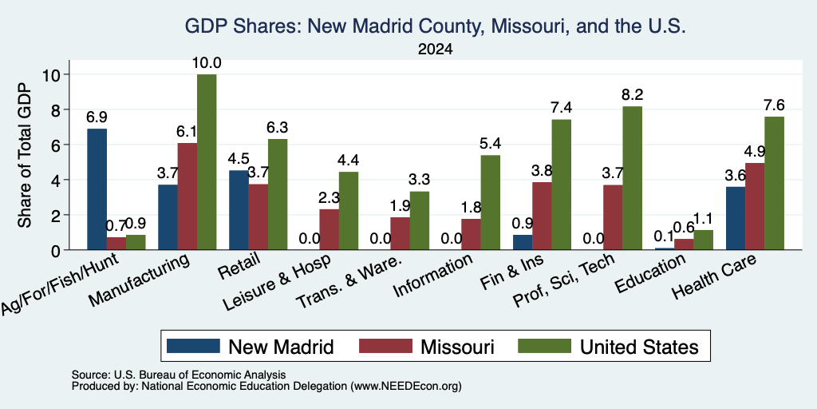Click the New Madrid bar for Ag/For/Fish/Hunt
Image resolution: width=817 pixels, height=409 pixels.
pos(97,189)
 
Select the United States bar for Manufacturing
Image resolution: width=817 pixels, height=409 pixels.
pos(207,162)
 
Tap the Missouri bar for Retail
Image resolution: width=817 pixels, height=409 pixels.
pos(258,217)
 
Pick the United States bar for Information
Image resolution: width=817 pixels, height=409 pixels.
pos(491,202)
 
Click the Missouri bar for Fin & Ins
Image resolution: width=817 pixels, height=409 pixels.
pos(542,216)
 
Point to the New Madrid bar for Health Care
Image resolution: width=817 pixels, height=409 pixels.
pos(735,218)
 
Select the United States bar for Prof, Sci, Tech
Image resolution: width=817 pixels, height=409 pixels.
pos(632,178)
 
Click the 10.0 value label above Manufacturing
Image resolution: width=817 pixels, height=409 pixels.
pos(207,63)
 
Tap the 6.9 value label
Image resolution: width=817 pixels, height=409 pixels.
pos(97,117)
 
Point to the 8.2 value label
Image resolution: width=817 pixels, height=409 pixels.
pos(633,95)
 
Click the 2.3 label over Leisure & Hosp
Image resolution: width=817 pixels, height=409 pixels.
pos(330,198)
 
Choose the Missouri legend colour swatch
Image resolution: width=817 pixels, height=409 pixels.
pos(385,346)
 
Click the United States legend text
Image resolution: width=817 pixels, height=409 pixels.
pos(639,347)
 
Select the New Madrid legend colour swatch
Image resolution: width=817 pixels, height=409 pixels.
pos(193,346)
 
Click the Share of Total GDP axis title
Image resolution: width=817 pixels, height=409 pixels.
pos(24,155)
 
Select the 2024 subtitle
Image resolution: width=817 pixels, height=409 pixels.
pos(435,50)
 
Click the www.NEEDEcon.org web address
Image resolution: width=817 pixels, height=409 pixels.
pos(406,387)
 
